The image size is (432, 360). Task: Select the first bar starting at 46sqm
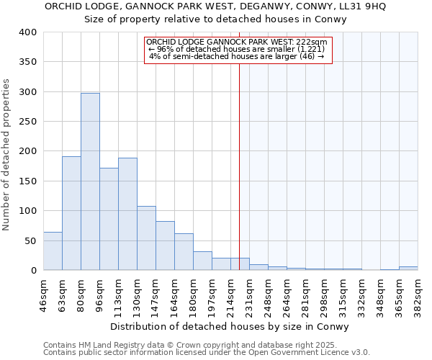(53, 251)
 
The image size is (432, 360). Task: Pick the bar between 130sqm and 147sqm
(146, 238)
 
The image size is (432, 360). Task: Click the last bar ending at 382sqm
(408, 269)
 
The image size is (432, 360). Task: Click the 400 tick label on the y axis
(27, 32)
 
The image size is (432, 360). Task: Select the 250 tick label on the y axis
(27, 122)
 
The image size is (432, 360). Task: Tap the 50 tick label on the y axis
(30, 240)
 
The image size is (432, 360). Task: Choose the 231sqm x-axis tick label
(249, 294)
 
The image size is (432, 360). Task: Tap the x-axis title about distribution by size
(230, 327)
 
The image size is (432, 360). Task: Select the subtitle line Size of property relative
(216, 19)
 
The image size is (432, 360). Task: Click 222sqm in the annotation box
(314, 42)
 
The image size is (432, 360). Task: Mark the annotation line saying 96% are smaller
(237, 49)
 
